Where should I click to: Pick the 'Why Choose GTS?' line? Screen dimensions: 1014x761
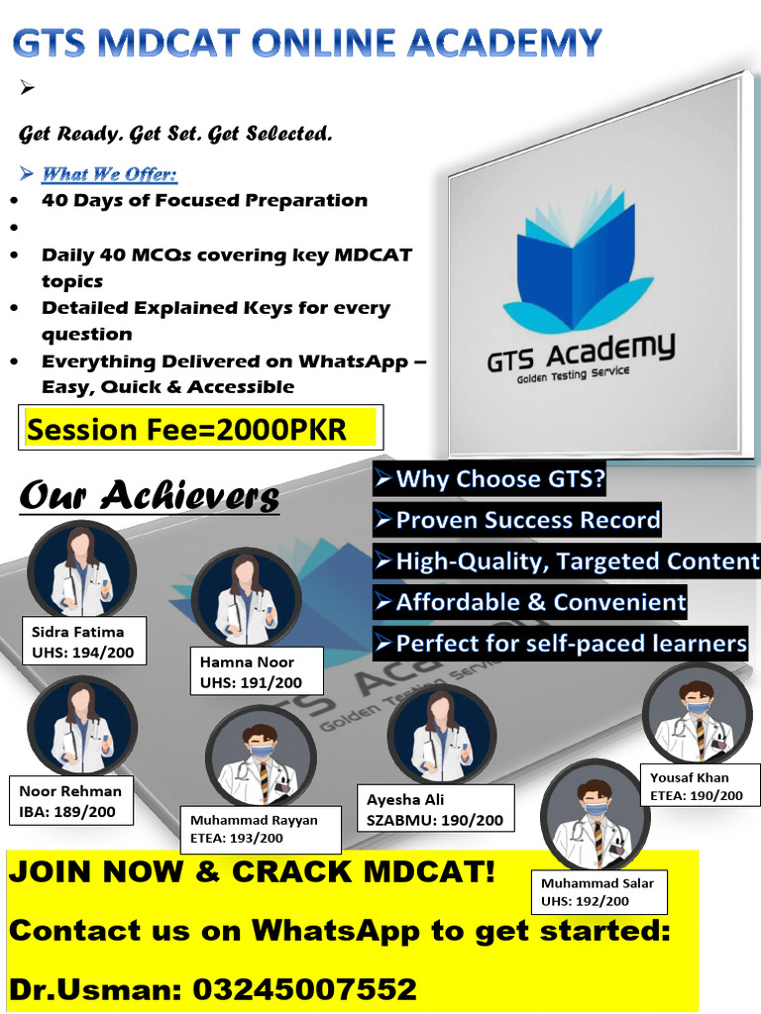(489, 480)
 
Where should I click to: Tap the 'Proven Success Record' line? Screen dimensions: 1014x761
(517, 521)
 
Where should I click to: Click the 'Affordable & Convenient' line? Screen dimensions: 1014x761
(530, 602)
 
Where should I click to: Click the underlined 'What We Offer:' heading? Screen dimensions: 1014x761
(109, 175)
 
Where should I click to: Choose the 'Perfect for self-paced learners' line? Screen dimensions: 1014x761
(561, 644)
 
